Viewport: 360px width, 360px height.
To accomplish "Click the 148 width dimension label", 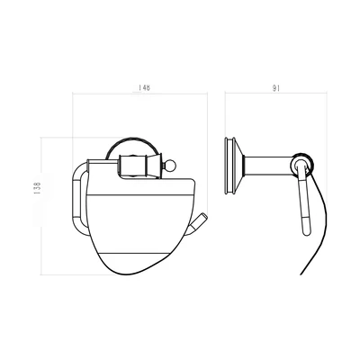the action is click(144, 87).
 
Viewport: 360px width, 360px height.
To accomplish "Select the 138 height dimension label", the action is click(38, 188).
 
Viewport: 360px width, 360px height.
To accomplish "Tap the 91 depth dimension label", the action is click(276, 88).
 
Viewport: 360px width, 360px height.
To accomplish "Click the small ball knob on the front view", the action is click(166, 165).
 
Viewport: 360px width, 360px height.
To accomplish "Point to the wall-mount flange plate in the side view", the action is click(230, 166).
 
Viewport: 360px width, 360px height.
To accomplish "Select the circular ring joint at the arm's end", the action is click(302, 165).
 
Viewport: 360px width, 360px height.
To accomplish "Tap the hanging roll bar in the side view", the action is click(304, 198).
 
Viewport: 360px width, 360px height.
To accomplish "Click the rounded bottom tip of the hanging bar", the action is click(306, 234).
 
